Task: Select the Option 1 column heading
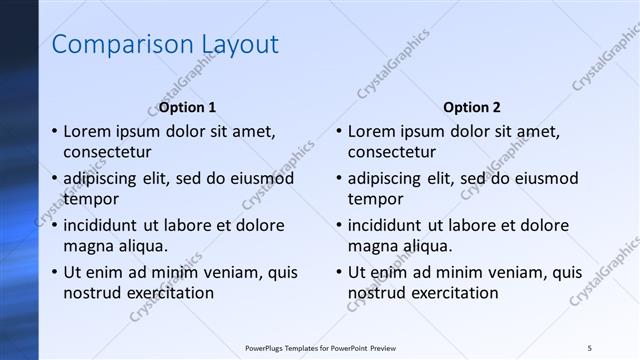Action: [187, 107]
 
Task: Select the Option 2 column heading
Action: [472, 107]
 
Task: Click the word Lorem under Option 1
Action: [86, 131]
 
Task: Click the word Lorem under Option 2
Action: [371, 131]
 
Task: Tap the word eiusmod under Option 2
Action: [539, 179]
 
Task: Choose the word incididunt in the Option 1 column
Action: [105, 225]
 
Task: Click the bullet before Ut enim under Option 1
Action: [53, 272]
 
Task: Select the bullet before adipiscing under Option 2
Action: [338, 179]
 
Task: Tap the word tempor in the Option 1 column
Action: [90, 199]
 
